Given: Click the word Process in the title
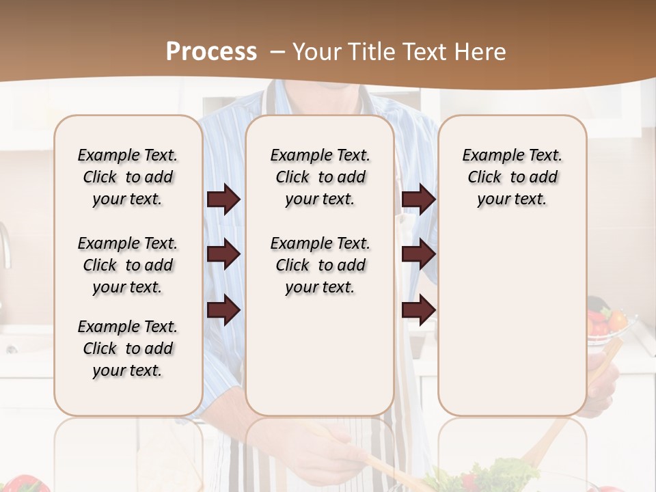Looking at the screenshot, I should coord(211,52).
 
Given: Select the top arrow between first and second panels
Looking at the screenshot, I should coord(223,199).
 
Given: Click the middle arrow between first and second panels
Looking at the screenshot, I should coord(223,254).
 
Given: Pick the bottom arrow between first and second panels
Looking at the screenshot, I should coord(223,310).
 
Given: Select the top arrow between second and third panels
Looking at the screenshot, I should coord(418,199).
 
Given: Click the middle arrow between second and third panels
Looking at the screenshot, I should coord(418,254).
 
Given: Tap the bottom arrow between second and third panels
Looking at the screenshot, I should coord(418,310).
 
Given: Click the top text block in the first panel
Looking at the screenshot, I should coord(128,177).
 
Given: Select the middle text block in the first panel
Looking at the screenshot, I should coord(128,265).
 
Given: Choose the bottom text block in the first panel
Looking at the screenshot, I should coord(128,348).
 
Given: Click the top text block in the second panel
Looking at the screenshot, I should coord(320,177).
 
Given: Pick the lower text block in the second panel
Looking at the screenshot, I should coord(320,265).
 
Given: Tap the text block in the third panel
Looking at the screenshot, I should coord(512,177).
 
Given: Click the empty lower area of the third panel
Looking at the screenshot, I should coord(512,321).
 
